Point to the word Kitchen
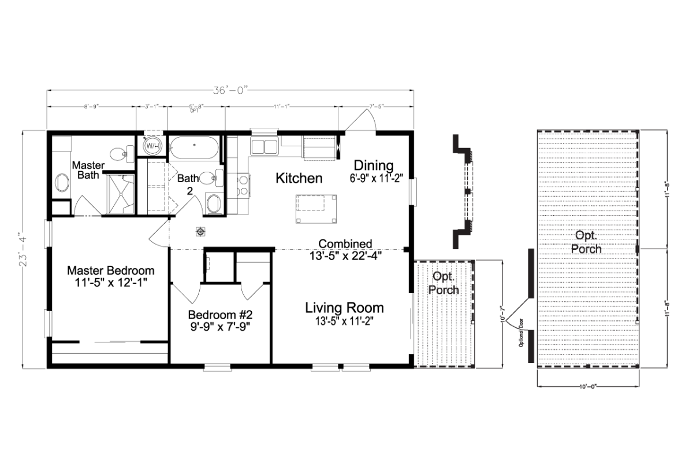pyautogui.click(x=299, y=178)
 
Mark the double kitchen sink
pyautogui.click(x=263, y=146)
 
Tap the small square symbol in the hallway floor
pyautogui.click(x=200, y=231)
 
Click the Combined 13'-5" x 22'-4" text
pyautogui.click(x=345, y=249)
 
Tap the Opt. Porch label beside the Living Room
pyautogui.click(x=444, y=284)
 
